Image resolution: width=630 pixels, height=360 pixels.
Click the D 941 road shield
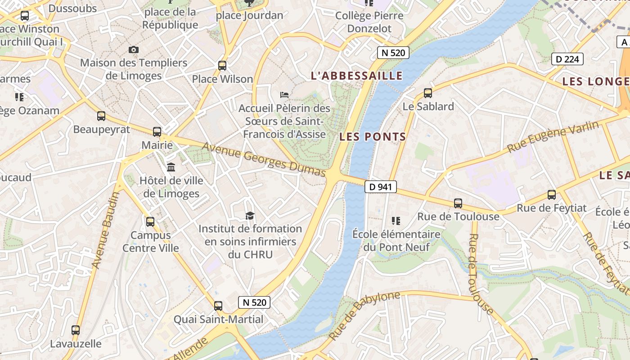(x=381, y=187)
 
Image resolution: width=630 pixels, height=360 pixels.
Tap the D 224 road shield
(x=567, y=59)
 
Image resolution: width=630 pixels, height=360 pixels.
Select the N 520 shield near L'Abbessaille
(x=393, y=53)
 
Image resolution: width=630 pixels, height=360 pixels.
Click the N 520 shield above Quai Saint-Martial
(x=254, y=302)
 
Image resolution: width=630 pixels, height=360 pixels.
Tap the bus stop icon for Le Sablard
(x=428, y=93)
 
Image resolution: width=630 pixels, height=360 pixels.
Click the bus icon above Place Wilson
(x=222, y=66)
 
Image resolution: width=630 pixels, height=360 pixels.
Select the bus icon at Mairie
(x=157, y=132)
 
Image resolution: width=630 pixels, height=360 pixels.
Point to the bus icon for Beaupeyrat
(x=101, y=116)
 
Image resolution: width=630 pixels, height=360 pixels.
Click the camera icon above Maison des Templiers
(x=134, y=49)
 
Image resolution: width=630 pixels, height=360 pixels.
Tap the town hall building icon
(x=171, y=167)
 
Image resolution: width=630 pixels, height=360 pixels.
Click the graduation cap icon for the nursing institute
(x=250, y=216)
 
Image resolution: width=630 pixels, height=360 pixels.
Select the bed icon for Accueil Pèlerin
(x=284, y=95)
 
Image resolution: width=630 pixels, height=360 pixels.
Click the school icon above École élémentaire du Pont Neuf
(x=396, y=220)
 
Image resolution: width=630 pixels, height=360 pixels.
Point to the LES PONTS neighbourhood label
(x=373, y=137)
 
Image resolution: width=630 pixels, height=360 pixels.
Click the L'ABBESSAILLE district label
(x=356, y=76)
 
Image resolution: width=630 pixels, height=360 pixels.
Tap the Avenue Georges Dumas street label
(x=263, y=160)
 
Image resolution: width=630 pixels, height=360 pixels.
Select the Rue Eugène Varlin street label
(x=553, y=136)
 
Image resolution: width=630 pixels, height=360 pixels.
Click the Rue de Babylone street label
(x=364, y=315)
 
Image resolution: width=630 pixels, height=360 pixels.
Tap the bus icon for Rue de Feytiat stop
(x=552, y=195)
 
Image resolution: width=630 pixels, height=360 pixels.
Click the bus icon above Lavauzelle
(x=76, y=330)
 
